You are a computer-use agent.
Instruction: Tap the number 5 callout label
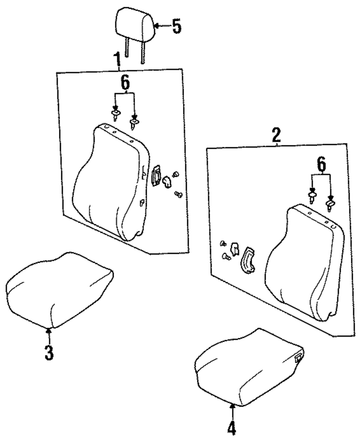click(x=176, y=26)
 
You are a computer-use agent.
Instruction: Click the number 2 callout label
click(x=276, y=136)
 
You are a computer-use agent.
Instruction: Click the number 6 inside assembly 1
click(x=125, y=84)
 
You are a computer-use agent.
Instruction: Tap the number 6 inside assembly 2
click(x=321, y=165)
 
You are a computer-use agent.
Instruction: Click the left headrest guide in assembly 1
click(x=116, y=115)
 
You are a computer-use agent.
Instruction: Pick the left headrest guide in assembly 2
click(x=312, y=196)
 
